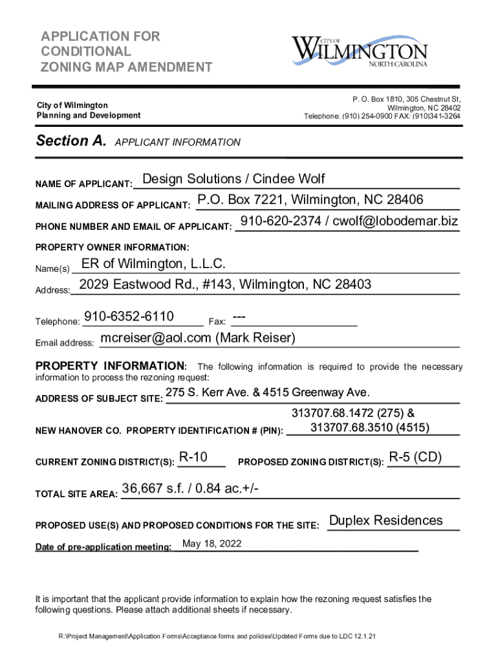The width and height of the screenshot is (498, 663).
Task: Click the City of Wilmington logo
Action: click(360, 50)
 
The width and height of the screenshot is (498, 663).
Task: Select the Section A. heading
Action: click(71, 141)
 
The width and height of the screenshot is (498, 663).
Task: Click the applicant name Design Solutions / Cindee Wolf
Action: click(233, 179)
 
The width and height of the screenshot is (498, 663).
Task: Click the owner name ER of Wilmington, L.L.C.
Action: click(153, 264)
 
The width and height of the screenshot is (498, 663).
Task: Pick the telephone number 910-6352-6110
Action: click(129, 317)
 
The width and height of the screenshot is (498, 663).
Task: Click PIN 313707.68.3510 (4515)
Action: click(370, 427)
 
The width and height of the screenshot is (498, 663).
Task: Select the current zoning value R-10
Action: click(193, 458)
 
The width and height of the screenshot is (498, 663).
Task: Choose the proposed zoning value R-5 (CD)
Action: click(415, 458)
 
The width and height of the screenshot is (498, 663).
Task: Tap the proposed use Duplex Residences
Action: click(386, 521)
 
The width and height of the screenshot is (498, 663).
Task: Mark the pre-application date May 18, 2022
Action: click(212, 544)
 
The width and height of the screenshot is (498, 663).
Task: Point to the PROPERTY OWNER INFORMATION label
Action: click(112, 247)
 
